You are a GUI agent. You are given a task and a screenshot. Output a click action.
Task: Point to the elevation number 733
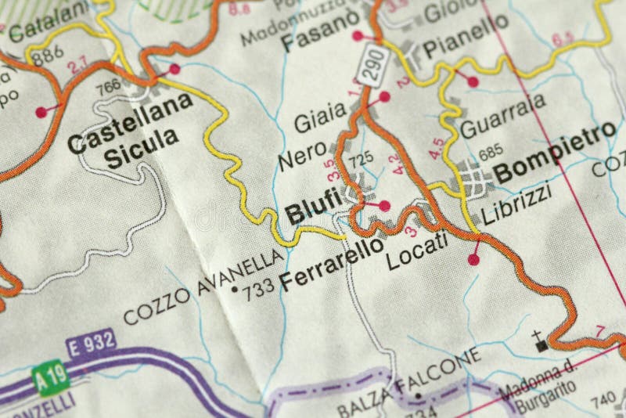coord(260,288)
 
